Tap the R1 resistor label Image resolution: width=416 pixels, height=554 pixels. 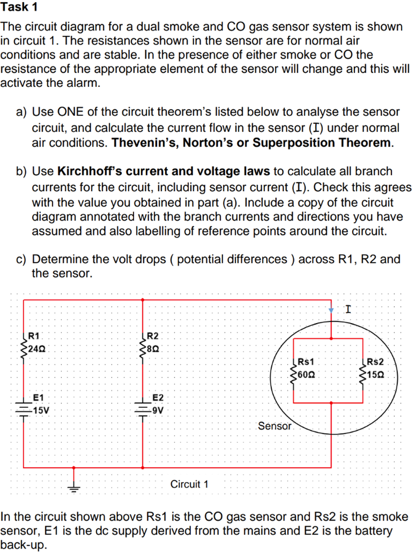34,337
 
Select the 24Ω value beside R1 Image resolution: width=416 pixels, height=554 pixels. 38,349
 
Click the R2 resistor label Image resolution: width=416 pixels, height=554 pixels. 153,337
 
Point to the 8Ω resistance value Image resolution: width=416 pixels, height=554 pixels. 154,349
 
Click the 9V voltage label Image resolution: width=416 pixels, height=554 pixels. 157,410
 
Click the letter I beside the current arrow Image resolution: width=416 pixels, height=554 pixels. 349,309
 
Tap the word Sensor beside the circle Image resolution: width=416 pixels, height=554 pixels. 274,426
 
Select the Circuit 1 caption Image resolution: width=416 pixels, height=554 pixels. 189,484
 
